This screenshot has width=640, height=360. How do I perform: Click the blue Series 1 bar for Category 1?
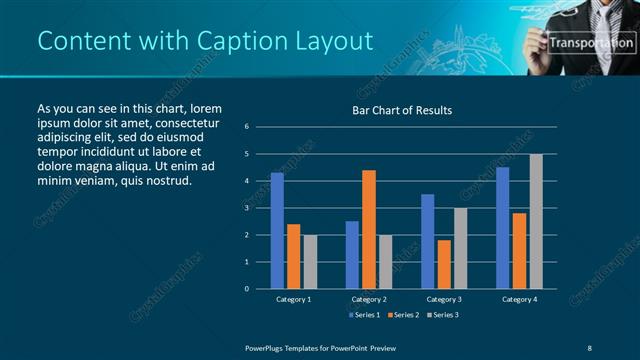[x=277, y=231]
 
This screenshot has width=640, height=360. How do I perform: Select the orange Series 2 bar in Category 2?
[x=369, y=229]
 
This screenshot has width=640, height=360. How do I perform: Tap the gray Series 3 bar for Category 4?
[x=536, y=221]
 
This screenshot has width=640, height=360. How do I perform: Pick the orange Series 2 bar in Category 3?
[x=444, y=264]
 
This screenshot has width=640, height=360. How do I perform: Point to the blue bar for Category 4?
[x=502, y=228]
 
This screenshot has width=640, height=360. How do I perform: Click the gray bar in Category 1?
[x=310, y=262]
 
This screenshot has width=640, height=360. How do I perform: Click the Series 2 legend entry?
[x=404, y=315]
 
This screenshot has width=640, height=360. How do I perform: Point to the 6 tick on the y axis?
[x=247, y=127]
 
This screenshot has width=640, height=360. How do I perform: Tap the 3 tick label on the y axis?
[x=247, y=208]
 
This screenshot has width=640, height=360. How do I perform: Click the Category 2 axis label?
[x=369, y=299]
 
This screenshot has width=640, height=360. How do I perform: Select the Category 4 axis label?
[x=519, y=299]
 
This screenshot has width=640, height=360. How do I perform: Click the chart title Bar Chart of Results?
[x=402, y=110]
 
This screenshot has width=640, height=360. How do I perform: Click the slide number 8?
[x=590, y=347]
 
